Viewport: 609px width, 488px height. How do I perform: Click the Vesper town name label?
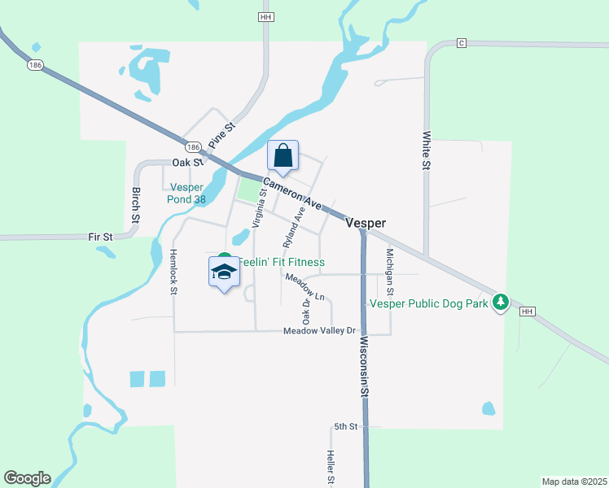(365, 223)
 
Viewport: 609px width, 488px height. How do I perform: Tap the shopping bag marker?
(283, 155)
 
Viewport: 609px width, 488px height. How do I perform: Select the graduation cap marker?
(224, 272)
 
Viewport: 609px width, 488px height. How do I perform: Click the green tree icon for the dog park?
(502, 302)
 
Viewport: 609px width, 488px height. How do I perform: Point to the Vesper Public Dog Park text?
(428, 303)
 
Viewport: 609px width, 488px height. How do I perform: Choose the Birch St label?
(136, 205)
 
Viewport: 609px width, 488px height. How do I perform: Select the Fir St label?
(100, 237)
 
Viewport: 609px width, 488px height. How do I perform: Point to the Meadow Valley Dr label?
(320, 331)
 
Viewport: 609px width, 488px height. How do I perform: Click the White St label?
(426, 151)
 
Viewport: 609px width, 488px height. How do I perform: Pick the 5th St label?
(345, 426)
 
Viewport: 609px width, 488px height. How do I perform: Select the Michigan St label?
(390, 272)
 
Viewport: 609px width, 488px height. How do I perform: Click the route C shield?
(461, 42)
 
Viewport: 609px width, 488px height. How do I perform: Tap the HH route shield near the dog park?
(527, 312)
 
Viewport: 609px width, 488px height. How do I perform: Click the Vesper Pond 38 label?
(176, 193)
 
